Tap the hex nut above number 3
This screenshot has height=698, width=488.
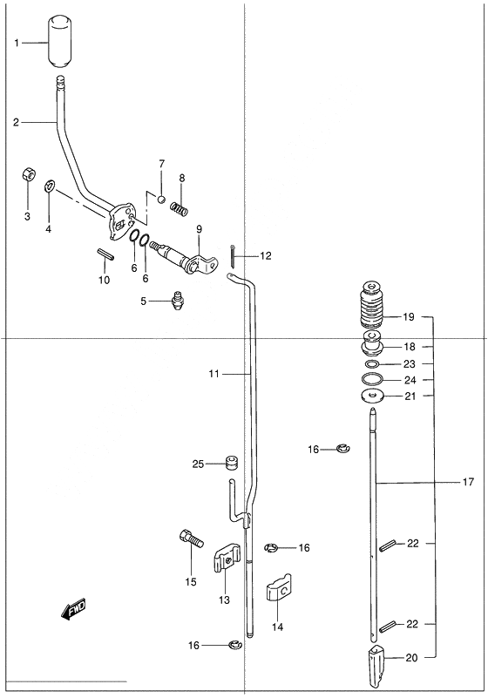(28, 174)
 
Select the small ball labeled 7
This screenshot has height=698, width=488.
(162, 199)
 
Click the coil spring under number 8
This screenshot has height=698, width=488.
(180, 208)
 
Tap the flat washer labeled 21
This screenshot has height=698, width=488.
(372, 396)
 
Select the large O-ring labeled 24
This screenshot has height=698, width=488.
(372, 379)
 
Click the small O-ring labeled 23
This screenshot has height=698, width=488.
(372, 364)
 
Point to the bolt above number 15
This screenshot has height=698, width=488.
(191, 539)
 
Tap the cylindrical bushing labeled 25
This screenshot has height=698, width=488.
(231, 463)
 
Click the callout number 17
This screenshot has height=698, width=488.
(469, 482)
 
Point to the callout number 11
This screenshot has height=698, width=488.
(214, 374)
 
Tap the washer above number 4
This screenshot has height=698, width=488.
(49, 186)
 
